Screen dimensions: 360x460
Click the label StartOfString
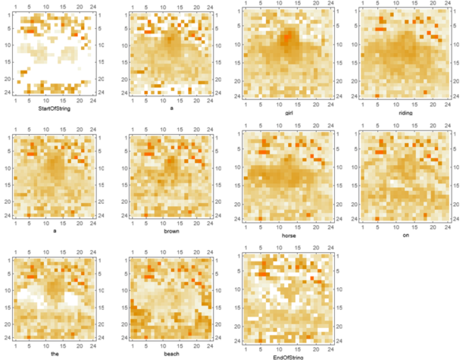click(x=54, y=108)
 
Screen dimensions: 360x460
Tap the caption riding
click(x=405, y=112)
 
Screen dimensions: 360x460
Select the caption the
click(x=54, y=353)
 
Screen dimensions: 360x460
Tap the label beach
click(x=171, y=354)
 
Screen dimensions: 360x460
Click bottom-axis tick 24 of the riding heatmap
click(x=447, y=105)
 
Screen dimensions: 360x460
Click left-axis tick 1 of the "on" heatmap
click(x=356, y=134)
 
